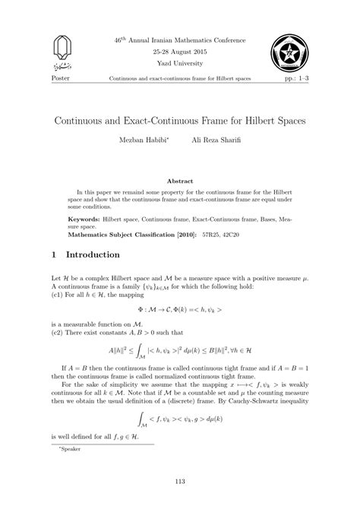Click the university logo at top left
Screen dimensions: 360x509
(63, 52)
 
